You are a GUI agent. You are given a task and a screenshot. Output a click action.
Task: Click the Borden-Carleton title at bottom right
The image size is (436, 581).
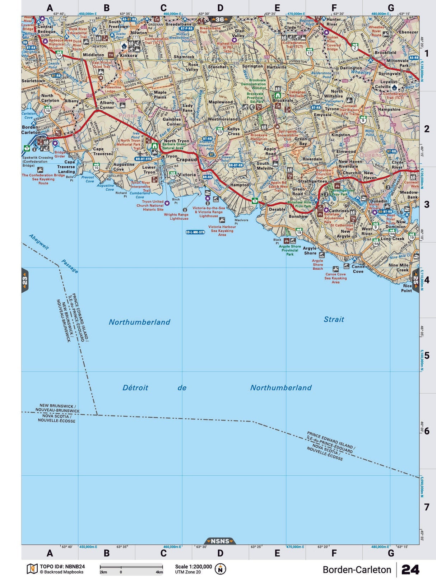coord(357,570)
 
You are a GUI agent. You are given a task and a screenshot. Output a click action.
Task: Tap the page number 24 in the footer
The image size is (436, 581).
coord(410,570)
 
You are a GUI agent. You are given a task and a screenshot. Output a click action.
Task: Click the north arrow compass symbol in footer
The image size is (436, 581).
coord(220,569)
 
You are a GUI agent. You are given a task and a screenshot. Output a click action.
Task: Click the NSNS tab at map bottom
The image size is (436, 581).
coord(220,541)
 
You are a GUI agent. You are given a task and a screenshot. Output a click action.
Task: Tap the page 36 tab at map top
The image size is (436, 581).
coord(220,20)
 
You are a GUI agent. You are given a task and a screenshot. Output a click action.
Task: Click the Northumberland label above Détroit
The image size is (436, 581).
coord(139,322)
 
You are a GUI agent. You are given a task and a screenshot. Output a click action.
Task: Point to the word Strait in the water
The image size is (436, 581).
coord(334,319)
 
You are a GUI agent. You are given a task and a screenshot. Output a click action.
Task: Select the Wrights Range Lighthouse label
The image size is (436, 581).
coord(176,217)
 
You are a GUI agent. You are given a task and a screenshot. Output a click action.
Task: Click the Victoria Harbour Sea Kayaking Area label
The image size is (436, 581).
coord(222,231)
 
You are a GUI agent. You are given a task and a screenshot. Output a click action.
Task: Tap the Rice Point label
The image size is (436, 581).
coord(407,288)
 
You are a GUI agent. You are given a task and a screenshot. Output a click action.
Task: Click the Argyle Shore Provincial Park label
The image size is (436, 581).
coord(290,250)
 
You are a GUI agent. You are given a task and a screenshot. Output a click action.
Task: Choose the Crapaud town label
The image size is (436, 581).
coord(186,159)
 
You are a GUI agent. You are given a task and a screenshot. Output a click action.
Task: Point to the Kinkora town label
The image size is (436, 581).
coord(128,56)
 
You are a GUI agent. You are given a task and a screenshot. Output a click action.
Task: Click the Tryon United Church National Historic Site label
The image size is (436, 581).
coord(150,205)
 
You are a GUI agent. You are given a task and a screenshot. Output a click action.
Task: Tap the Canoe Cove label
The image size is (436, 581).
coord(358,269)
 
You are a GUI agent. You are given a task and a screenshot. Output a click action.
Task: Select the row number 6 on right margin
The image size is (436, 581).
coord(427,431)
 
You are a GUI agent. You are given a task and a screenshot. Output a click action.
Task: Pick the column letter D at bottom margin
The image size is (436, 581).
coord(220,553)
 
